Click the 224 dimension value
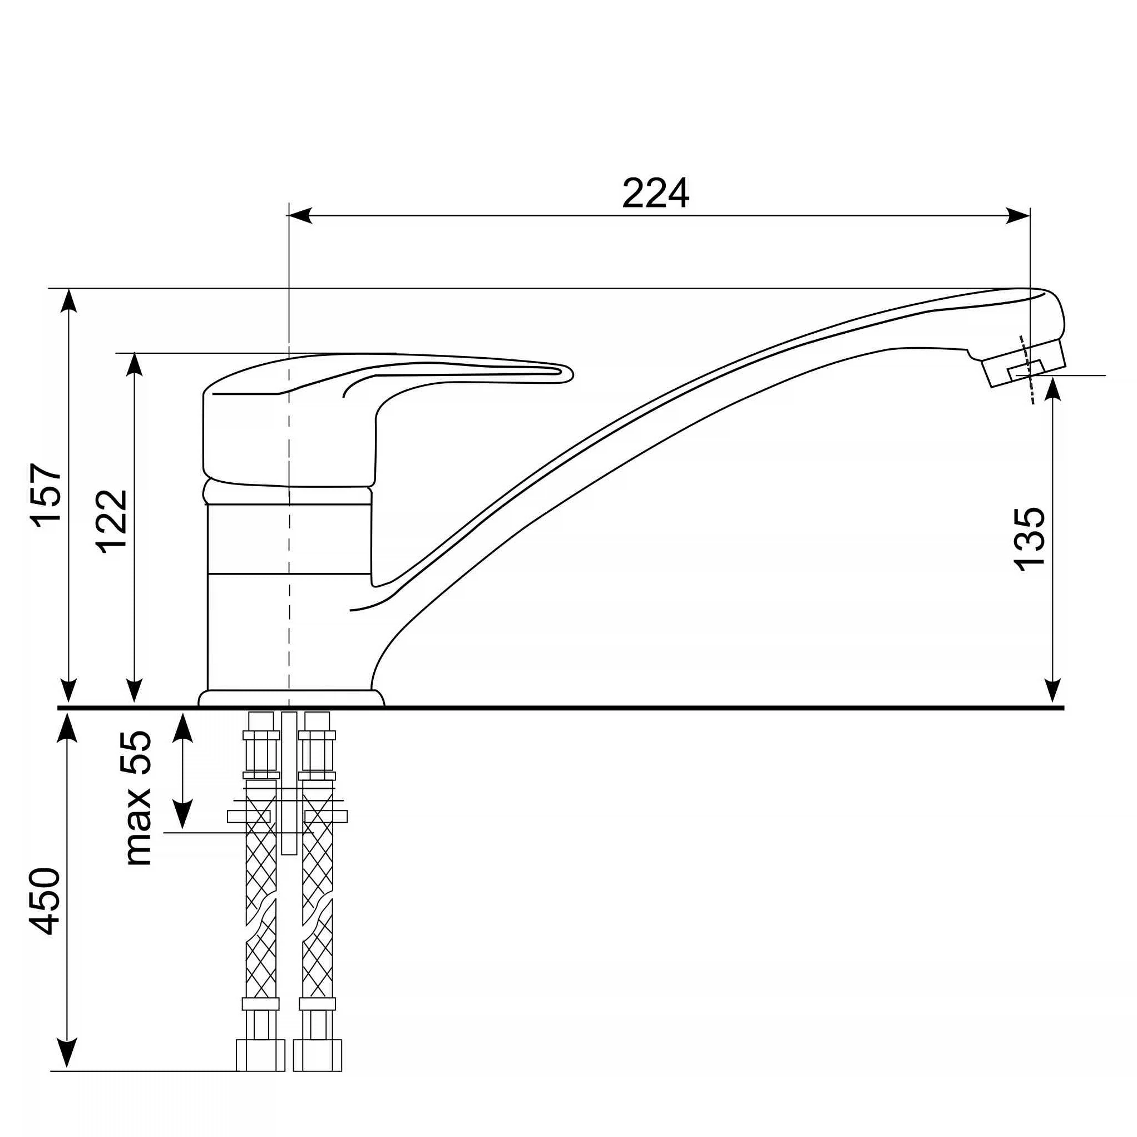tap(655, 192)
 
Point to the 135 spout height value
tap(1029, 538)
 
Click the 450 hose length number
tap(45, 901)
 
